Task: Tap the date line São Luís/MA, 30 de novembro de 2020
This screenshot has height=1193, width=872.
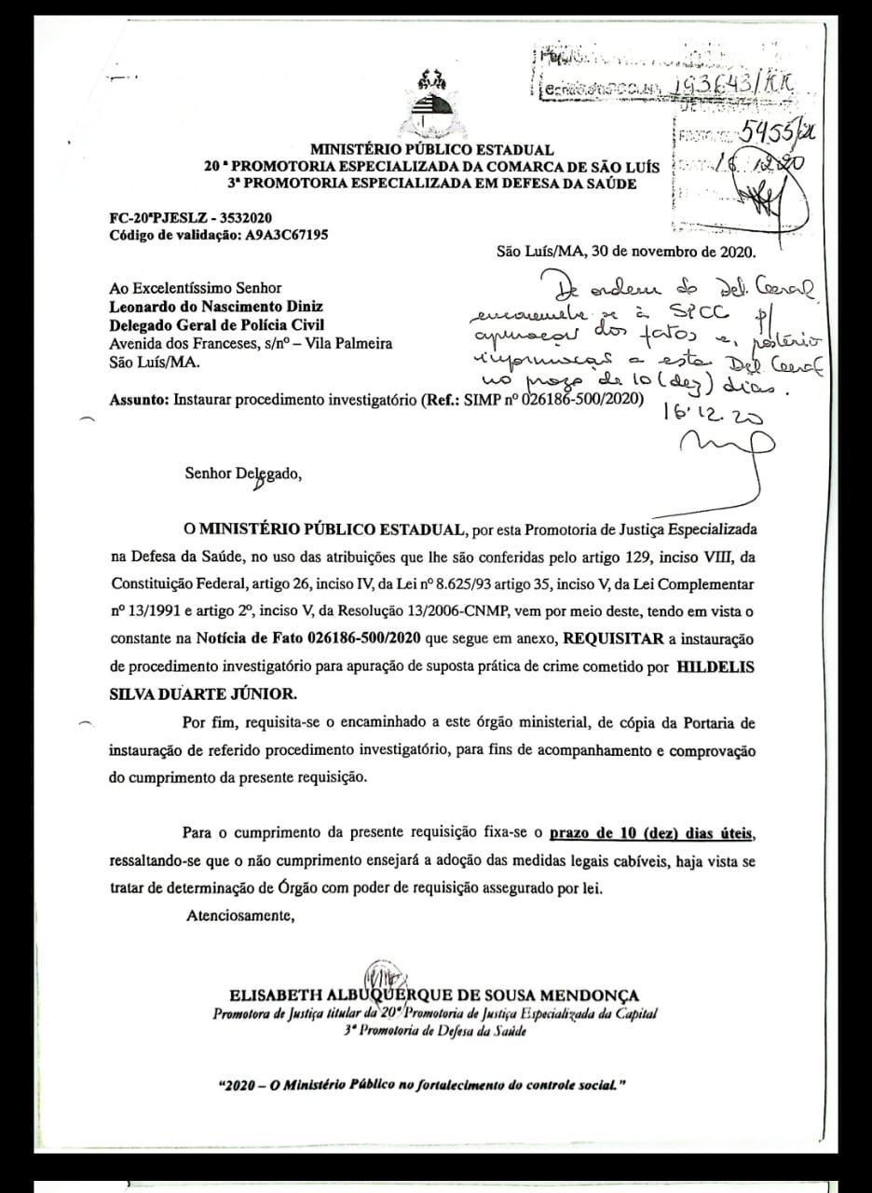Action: coord(627,252)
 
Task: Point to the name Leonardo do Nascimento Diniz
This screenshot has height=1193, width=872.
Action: coord(217,306)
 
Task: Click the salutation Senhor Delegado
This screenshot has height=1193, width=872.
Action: coord(243,473)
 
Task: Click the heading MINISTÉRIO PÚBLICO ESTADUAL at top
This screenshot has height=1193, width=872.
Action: coord(431,149)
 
